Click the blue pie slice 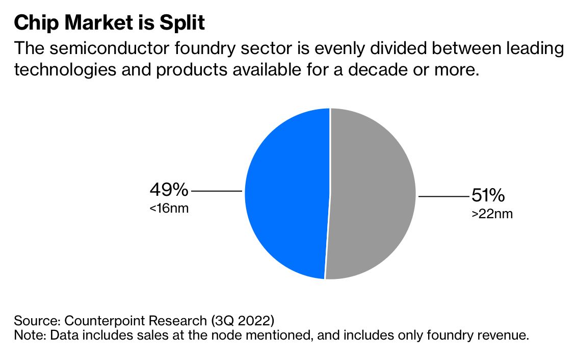coord(285,194)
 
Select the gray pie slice coord(372,194)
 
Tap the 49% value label coord(169,190)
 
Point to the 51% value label coord(488,195)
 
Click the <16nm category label coord(169,209)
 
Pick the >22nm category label coord(492,214)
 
